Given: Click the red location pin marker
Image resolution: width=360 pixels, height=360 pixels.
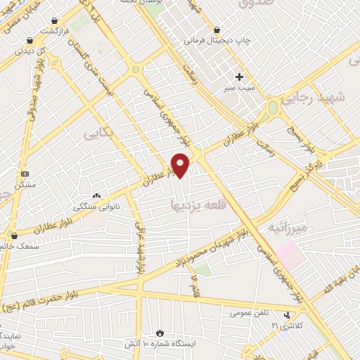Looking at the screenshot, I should [181, 165].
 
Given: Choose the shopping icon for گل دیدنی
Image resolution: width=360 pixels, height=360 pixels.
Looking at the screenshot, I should [28, 41].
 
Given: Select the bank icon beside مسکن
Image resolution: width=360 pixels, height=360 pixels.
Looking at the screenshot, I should [25, 173].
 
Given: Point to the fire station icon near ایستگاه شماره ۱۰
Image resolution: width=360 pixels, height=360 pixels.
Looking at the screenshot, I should [160, 332].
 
